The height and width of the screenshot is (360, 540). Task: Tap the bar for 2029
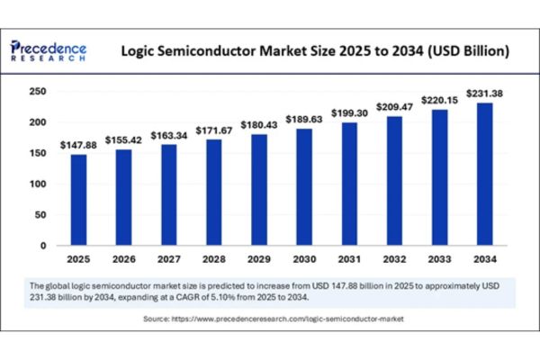(259, 190)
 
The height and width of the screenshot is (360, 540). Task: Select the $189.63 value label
(303, 120)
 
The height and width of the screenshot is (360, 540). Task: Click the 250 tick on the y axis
(37, 92)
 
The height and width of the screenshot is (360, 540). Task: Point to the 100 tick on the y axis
(37, 184)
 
